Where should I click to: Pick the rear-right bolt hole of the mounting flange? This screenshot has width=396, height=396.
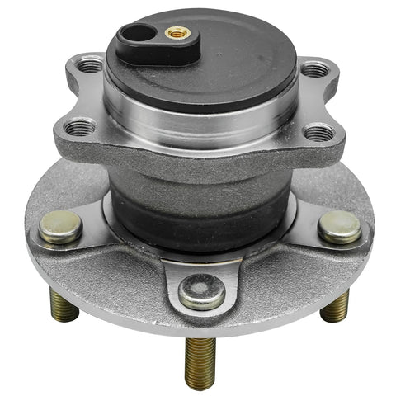(309, 69)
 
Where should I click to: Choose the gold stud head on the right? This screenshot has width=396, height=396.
(339, 226)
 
